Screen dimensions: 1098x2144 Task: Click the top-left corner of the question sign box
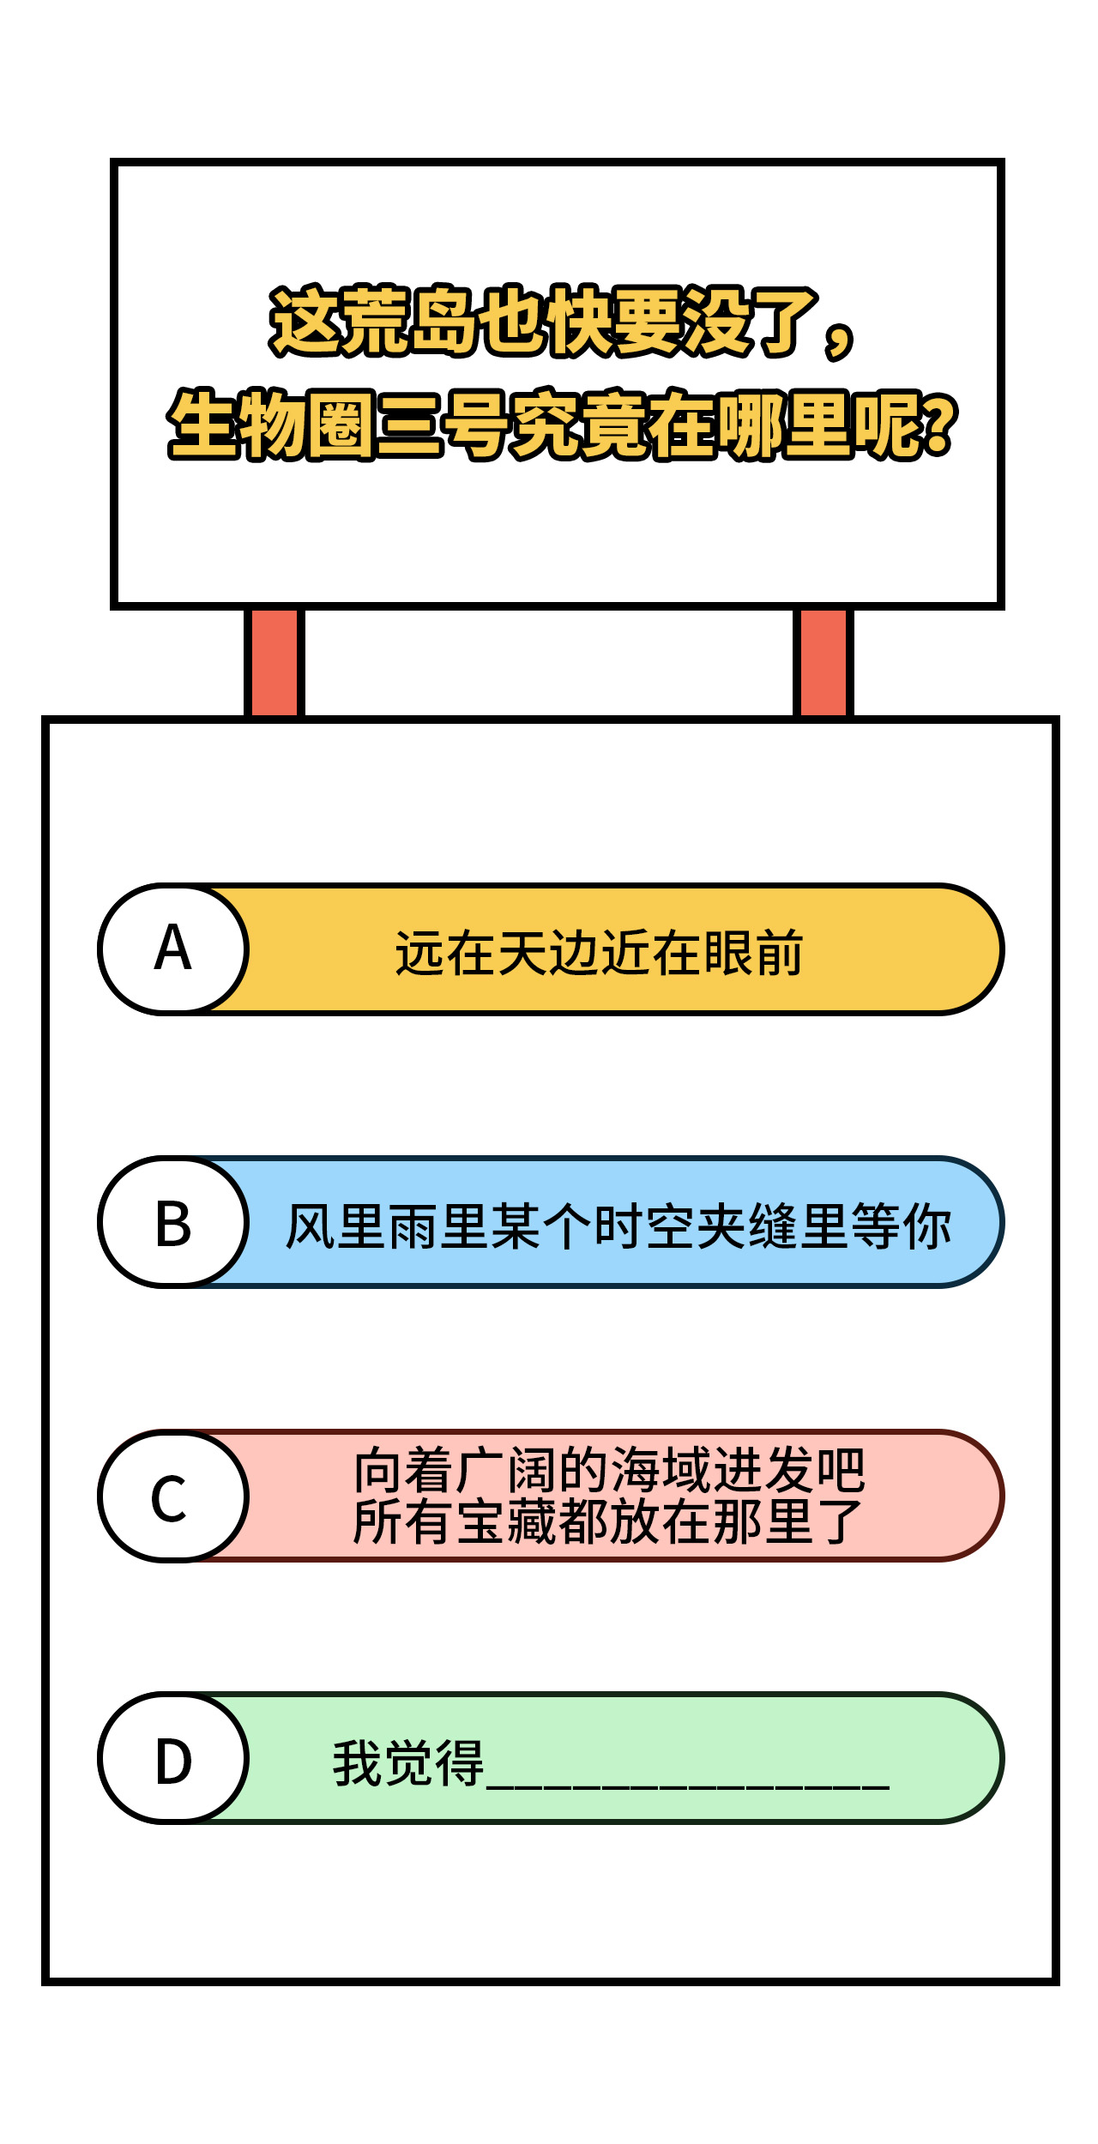click(x=112, y=160)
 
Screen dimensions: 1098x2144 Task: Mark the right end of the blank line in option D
click(x=890, y=1788)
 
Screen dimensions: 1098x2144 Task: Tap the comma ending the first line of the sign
click(x=838, y=340)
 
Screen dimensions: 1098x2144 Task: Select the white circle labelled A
click(x=173, y=949)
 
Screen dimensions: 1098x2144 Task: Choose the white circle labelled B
click(x=173, y=1222)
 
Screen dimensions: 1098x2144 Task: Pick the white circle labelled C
click(x=173, y=1496)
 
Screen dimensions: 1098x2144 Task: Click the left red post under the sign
click(x=274, y=662)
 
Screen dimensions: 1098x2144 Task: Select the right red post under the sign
click(x=823, y=662)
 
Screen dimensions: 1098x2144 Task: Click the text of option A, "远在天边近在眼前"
click(x=599, y=953)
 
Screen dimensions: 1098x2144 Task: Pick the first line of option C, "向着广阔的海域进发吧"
click(x=609, y=1470)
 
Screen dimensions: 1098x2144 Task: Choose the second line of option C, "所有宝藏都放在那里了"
click(x=608, y=1521)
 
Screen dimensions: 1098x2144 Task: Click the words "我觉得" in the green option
click(x=408, y=1763)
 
